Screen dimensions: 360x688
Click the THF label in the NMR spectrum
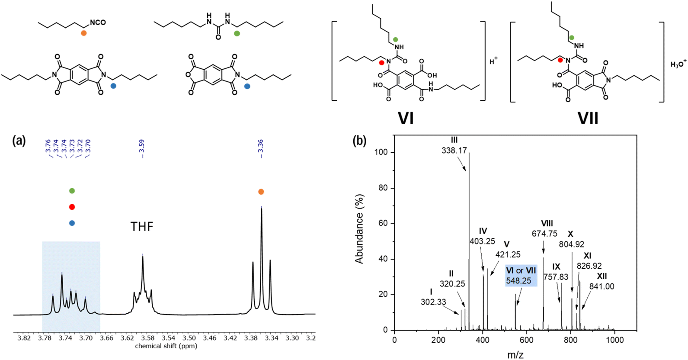point(142,226)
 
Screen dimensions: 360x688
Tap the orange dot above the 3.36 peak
point(261,192)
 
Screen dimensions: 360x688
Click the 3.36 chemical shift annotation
point(260,148)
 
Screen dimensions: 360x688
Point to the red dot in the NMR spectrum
point(72,207)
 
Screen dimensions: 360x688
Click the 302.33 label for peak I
point(433,302)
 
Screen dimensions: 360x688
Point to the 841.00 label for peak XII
point(602,286)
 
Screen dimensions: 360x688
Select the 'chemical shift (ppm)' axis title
point(166,346)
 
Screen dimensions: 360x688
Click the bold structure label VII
point(588,118)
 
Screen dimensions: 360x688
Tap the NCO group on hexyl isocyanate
point(98,22)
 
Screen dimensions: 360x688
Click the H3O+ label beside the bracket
point(678,64)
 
